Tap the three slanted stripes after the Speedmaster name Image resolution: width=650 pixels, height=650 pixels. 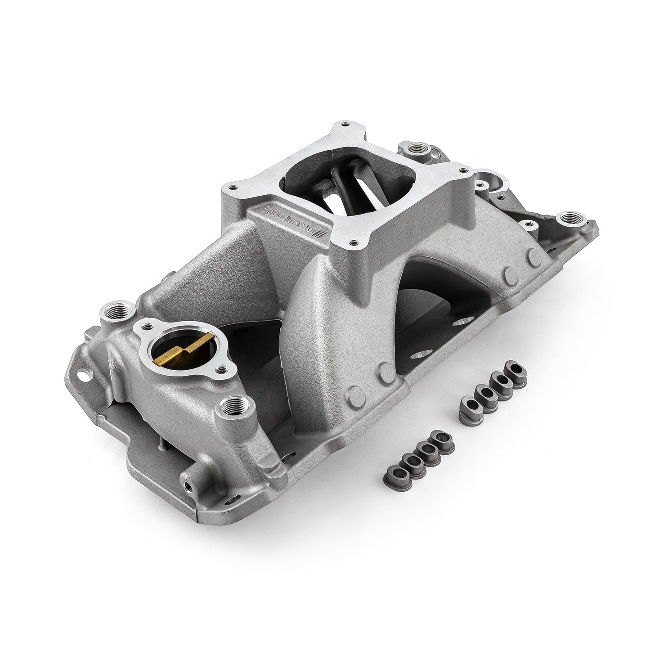[321, 234]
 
